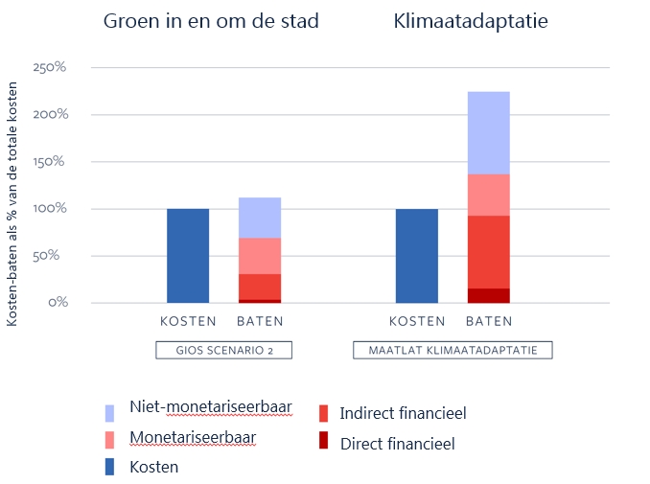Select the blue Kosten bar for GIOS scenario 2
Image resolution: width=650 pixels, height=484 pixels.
click(188, 255)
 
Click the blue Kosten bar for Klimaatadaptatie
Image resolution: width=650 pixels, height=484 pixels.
click(416, 255)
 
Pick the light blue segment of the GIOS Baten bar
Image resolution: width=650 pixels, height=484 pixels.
click(260, 218)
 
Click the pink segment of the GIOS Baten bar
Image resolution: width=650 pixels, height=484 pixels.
click(260, 256)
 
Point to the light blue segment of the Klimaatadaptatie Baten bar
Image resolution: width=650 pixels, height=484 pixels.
click(488, 133)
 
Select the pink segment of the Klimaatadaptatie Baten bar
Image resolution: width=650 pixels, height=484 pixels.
click(488, 195)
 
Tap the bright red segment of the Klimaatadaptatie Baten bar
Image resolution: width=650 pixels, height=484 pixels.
click(488, 251)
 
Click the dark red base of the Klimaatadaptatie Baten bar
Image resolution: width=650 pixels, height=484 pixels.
click(488, 295)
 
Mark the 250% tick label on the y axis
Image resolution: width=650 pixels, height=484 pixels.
click(49, 68)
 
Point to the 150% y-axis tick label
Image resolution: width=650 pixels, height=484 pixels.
click(49, 161)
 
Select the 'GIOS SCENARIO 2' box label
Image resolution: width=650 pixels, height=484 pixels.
click(223, 350)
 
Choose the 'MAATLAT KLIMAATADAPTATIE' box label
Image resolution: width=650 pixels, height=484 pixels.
click(453, 350)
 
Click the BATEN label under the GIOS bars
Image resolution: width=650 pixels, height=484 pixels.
click(260, 321)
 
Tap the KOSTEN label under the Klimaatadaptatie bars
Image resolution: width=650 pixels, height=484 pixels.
click(417, 321)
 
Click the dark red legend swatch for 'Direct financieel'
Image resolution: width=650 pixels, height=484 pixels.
click(323, 442)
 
